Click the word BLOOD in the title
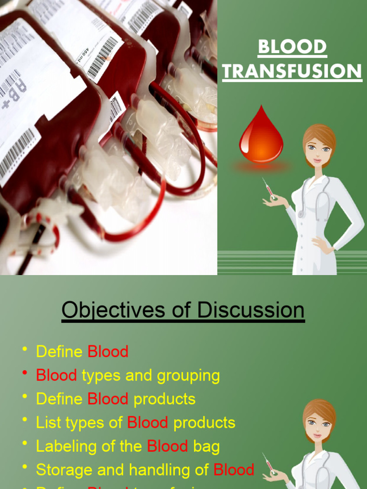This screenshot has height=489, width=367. click(292, 47)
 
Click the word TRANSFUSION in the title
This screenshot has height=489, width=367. click(292, 72)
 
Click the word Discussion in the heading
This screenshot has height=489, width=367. click(251, 310)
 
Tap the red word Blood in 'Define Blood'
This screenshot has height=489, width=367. click(108, 352)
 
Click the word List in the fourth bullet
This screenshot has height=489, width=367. click(46, 423)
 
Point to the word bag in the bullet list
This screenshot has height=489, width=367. click(206, 446)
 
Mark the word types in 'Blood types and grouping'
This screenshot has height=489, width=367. click(101, 376)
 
